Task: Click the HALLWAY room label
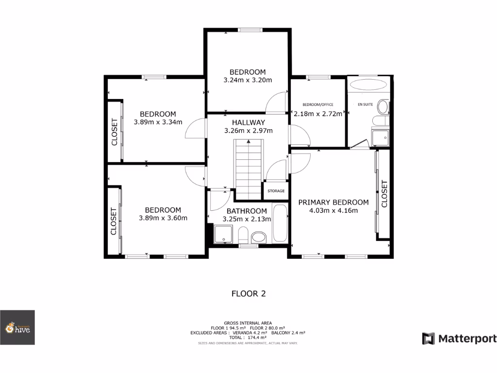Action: point(248,122)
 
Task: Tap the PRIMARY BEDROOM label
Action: point(333,202)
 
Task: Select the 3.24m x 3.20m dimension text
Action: point(248,80)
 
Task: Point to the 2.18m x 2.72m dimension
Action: point(318,113)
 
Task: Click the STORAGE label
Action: point(276,191)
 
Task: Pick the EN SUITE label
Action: point(365,104)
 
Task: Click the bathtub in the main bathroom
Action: point(280,223)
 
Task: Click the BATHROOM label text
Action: point(247,211)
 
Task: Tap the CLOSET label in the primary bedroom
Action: point(384,194)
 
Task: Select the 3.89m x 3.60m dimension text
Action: point(163,218)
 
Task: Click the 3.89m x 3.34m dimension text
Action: point(158,122)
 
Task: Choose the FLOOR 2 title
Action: point(248,293)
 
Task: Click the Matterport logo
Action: point(459,339)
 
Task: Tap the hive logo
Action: point(17,328)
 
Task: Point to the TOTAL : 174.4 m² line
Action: point(248,337)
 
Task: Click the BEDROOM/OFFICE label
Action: point(317,104)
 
